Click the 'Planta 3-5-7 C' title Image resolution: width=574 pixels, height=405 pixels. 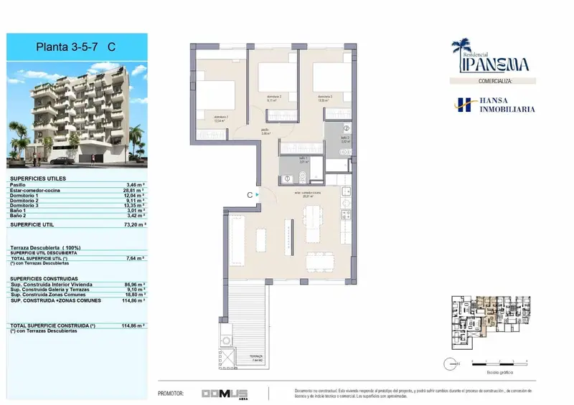click(75, 47)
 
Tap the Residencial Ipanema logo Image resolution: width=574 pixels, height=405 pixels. click(490, 56)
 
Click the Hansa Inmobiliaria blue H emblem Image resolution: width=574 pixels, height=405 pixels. click(464, 105)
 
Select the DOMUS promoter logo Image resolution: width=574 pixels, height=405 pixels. click(225, 394)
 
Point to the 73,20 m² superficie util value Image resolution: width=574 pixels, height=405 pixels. click(135, 224)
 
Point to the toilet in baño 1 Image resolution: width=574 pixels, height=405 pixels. click(303, 178)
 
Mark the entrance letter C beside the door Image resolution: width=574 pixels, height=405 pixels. click(249, 194)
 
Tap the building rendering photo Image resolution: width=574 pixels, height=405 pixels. click(75, 115)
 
